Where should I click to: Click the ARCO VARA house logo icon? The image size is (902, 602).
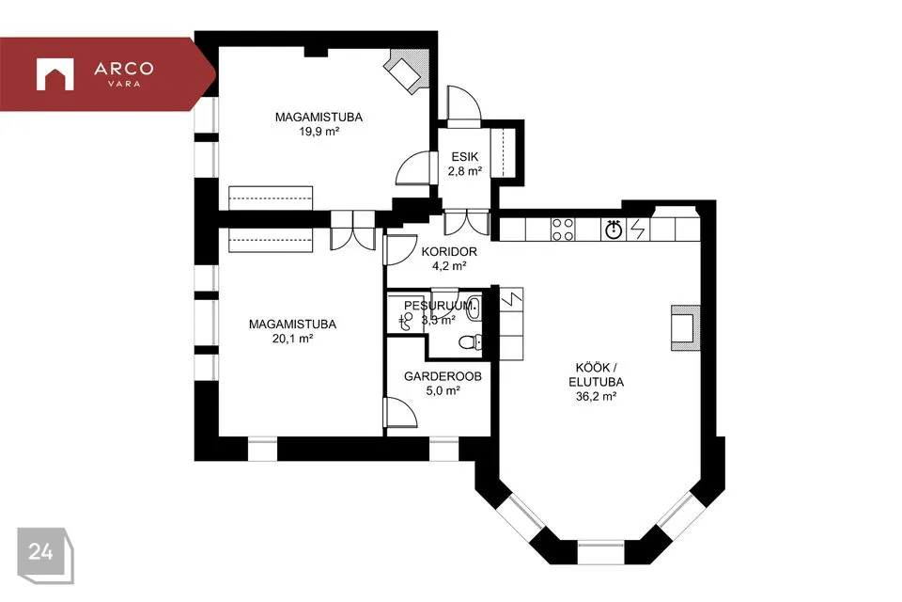[55, 74]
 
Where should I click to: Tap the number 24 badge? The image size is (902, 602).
[45, 555]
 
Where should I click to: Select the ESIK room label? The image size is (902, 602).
[465, 157]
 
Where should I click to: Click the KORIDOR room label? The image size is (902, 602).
[449, 252]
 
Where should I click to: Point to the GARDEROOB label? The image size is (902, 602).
[443, 377]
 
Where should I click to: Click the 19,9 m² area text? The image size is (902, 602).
[319, 132]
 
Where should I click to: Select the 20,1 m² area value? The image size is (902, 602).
[292, 339]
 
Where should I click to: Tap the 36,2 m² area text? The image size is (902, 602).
[596, 396]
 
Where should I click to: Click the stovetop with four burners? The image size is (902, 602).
[563, 230]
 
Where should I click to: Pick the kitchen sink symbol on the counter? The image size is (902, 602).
[614, 230]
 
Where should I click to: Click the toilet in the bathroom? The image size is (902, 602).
[470, 342]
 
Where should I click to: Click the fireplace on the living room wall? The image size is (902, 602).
[685, 327]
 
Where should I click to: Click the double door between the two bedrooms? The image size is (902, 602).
[352, 230]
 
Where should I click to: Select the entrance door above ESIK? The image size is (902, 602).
[463, 107]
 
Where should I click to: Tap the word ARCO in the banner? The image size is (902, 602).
[124, 69]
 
